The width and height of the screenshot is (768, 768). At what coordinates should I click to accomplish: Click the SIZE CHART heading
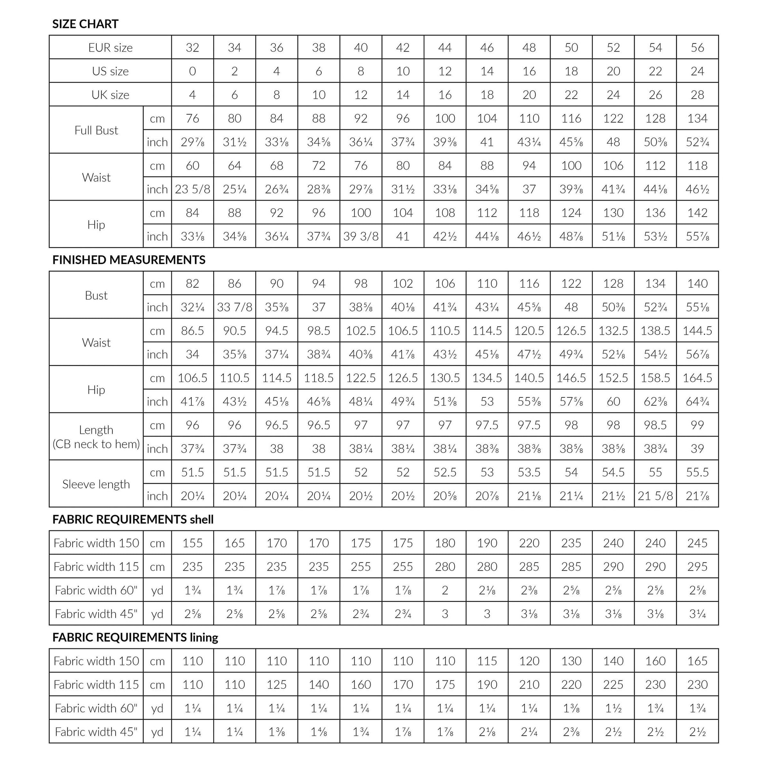point(85,24)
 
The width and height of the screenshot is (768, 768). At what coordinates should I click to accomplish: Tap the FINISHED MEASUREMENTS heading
point(129,260)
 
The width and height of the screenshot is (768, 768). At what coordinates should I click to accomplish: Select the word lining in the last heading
point(204,638)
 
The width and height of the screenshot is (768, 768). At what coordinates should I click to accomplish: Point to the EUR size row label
point(110,48)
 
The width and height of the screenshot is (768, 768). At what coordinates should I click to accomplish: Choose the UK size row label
point(110,95)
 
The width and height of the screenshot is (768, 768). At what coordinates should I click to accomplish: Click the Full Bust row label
point(96,130)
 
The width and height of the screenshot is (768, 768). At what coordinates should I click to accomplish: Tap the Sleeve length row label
point(96,484)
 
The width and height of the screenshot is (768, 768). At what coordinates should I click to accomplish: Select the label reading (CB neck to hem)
point(96,444)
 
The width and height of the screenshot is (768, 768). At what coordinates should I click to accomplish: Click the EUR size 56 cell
point(697,48)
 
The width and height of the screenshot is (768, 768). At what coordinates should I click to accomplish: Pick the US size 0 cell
point(193,71)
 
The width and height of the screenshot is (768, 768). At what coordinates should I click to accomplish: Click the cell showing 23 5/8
point(193,189)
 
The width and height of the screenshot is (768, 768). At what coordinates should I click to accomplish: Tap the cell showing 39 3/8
point(361,236)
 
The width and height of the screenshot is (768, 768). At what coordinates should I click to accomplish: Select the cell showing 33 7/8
point(234,307)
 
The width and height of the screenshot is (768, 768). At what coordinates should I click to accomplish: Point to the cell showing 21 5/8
point(655,496)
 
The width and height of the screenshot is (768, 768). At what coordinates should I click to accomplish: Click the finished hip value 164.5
point(697,378)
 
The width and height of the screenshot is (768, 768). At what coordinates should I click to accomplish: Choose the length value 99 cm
point(697,425)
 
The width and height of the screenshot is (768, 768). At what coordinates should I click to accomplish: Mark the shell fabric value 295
point(697,566)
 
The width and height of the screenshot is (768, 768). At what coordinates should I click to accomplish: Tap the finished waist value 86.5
point(193,331)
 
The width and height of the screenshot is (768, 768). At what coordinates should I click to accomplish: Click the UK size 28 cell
point(697,95)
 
